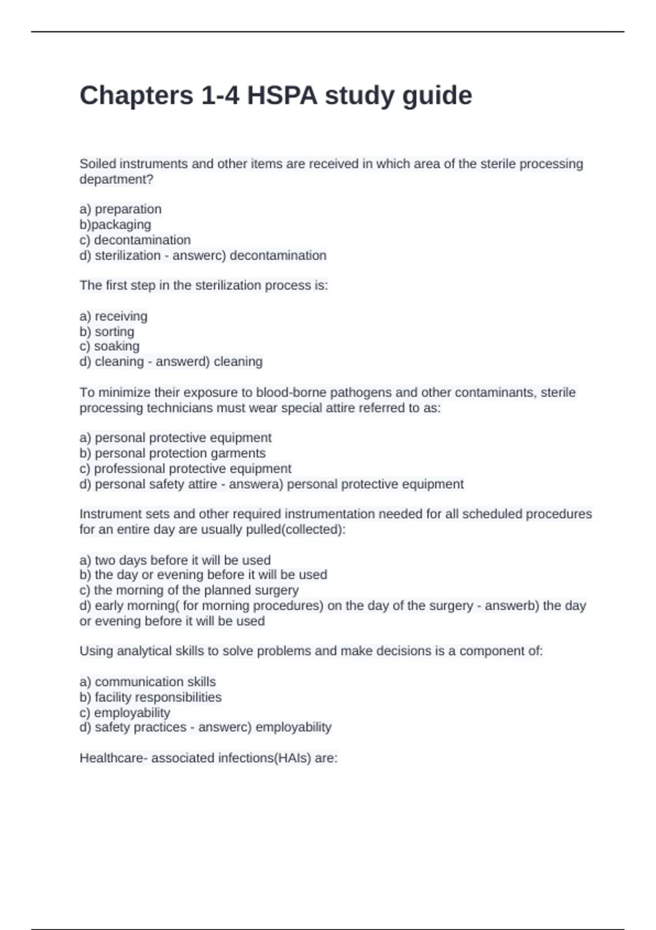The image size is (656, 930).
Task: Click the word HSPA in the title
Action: coord(282,96)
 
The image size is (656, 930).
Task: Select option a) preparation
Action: coord(120,209)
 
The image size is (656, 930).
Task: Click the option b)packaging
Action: coord(115,224)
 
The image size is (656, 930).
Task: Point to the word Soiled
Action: coord(98,164)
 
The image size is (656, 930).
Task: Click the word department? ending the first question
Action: coord(116,179)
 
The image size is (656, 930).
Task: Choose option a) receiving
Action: coord(113,316)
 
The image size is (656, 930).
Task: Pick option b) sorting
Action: coord(107,332)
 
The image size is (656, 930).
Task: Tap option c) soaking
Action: coord(109,346)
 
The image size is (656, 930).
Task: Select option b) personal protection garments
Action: coord(172,453)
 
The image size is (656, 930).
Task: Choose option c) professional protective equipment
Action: coord(185,469)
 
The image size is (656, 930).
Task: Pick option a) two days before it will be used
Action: coord(175,560)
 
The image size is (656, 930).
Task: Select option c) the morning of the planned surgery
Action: coord(189,590)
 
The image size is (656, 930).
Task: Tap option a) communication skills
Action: coord(148,682)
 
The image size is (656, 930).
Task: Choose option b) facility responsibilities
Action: coord(150,697)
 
